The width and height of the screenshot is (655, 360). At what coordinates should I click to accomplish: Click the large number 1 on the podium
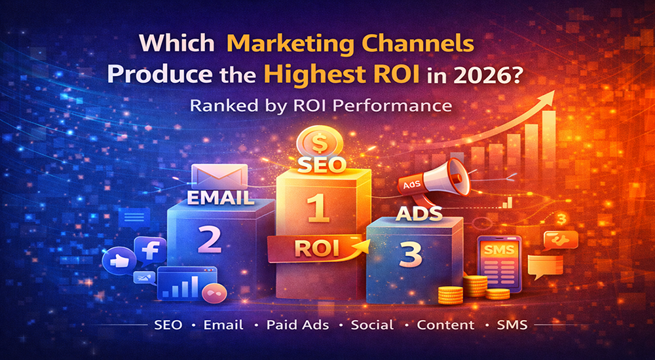click(x=318, y=207)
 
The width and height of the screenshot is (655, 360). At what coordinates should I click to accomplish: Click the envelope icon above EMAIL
click(x=220, y=175)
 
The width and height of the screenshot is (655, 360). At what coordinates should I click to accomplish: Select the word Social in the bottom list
click(x=372, y=325)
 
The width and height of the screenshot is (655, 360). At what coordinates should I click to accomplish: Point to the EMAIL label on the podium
click(x=220, y=198)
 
